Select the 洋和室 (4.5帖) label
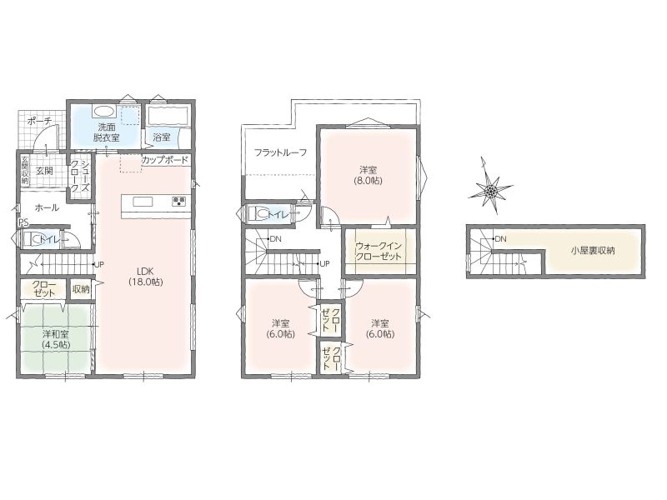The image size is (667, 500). [x=57, y=339]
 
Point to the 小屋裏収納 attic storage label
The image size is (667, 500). [x=593, y=251]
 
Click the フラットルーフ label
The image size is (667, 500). [x=281, y=152]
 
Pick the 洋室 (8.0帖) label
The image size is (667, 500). [x=369, y=175]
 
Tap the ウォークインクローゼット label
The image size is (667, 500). [x=379, y=251]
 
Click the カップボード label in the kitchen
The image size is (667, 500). [x=164, y=160]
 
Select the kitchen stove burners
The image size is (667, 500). [x=178, y=202]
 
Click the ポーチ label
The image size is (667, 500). [x=39, y=121]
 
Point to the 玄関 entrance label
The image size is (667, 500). [x=44, y=171]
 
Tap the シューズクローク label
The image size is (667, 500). [x=80, y=176]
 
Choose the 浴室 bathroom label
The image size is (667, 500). [x=162, y=137]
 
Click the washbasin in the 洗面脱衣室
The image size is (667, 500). [x=103, y=112]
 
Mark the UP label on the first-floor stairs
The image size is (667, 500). [x=99, y=264]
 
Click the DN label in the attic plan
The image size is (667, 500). [x=501, y=239]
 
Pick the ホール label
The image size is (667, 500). [x=47, y=207]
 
